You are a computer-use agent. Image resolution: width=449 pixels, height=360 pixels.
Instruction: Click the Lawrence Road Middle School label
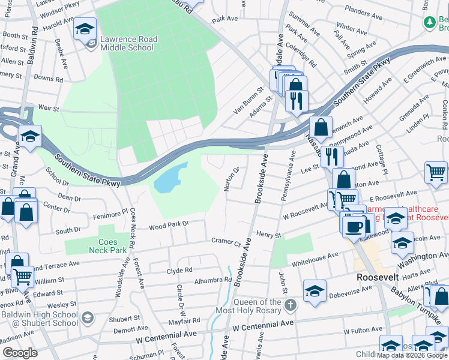128,44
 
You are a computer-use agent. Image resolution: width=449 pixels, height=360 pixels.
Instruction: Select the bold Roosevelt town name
382,278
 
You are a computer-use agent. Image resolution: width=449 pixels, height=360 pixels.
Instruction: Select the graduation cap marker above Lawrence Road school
85,29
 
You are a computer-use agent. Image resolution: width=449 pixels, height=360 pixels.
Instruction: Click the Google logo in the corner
20,353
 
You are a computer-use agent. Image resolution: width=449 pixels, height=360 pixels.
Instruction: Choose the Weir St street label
47,109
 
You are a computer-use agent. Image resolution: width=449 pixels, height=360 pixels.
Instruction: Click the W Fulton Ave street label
363,331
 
